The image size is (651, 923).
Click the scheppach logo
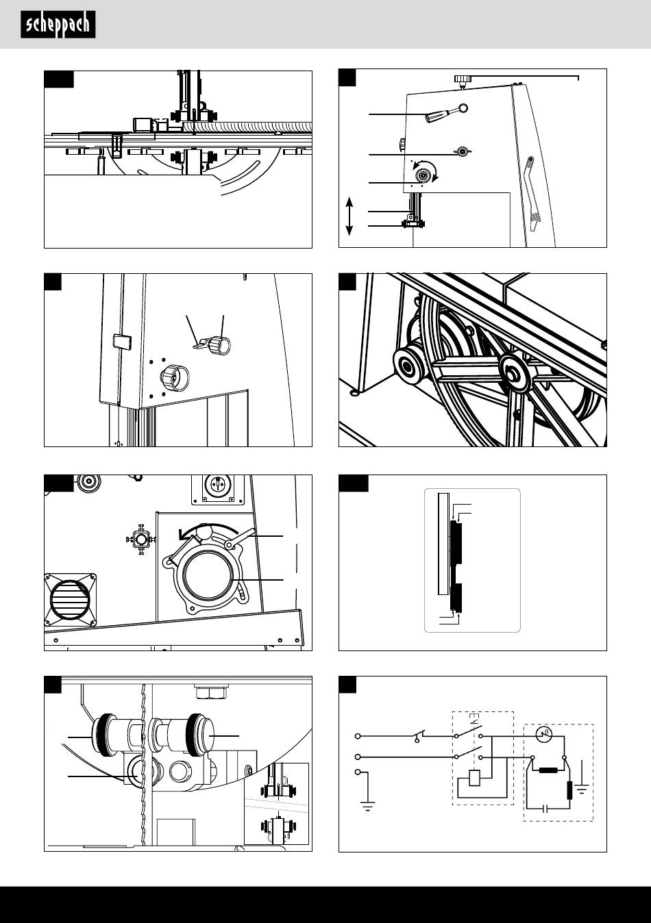[58, 25]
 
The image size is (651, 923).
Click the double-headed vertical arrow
[349, 216]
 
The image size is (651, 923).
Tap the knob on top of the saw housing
[463, 79]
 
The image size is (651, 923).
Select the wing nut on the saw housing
[463, 152]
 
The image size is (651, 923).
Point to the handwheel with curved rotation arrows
[424, 175]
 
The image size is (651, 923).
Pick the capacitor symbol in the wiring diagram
[546, 809]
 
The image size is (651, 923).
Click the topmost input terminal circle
[358, 736]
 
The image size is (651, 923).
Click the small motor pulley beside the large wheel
[408, 366]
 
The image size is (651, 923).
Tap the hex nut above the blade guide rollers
[210, 693]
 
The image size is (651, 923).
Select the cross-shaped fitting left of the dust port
[141, 540]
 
